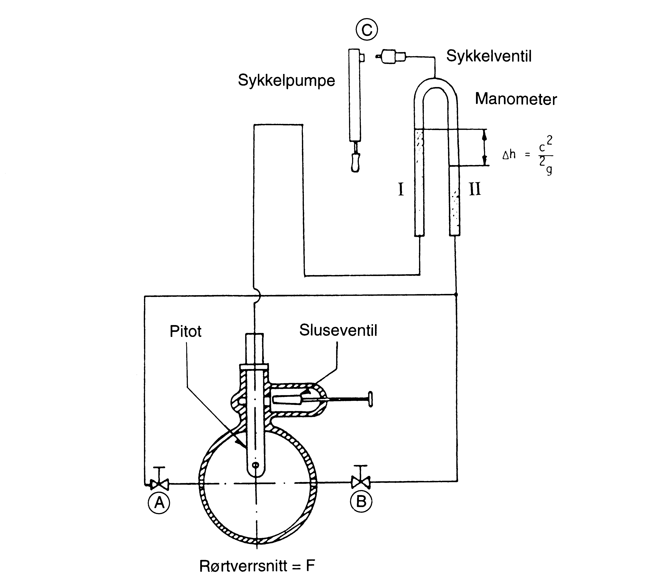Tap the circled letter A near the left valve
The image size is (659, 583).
[x=159, y=502]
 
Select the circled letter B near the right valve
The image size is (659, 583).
[x=361, y=502]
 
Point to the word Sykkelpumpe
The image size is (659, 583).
[x=286, y=81]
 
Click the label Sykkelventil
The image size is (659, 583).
[x=489, y=56]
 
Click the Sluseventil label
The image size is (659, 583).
[x=338, y=330]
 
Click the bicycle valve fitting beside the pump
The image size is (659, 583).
[x=391, y=57]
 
